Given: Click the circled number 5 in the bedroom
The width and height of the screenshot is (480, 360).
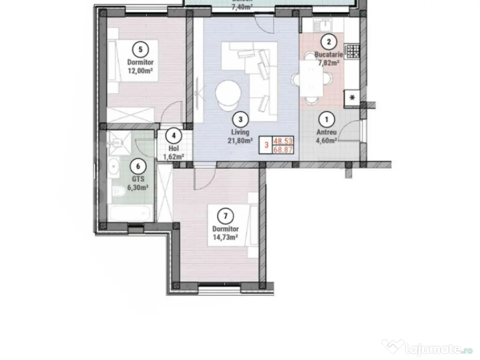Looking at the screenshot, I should pos(140,48).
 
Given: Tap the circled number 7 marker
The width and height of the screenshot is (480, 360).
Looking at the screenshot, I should pos(226,216).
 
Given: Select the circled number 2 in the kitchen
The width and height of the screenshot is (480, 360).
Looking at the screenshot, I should pos(329,42).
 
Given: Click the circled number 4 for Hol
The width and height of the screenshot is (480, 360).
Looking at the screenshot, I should pos(174,136).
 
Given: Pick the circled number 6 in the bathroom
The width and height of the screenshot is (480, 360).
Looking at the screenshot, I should pos(137,165).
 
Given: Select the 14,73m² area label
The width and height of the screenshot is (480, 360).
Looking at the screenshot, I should pos(226,237).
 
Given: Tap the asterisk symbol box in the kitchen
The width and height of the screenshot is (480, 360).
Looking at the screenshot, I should pos(352,97).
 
